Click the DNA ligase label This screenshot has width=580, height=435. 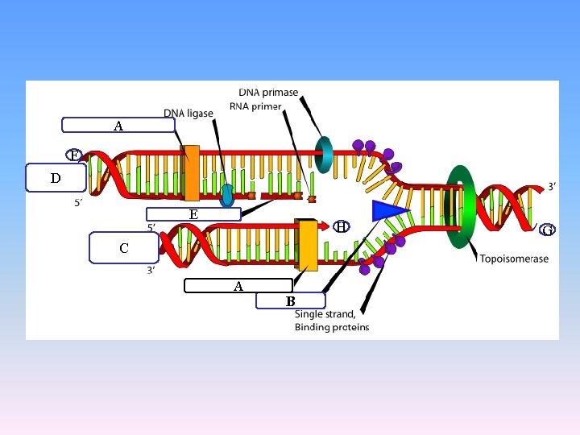click(188, 113)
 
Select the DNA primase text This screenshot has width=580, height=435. click(267, 93)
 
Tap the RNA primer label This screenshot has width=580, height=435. click(255, 106)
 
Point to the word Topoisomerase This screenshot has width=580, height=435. click(514, 259)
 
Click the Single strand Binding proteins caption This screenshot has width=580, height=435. click(332, 321)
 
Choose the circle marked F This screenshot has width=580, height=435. click(73, 155)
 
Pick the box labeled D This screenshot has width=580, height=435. click(56, 178)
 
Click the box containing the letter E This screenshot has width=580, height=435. click(193, 214)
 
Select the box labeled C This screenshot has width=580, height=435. click(124, 248)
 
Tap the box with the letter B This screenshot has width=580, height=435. click(291, 301)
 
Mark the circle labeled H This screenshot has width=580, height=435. click(342, 227)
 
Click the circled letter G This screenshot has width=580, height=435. click(547, 230)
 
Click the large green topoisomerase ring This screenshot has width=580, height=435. click(461, 205)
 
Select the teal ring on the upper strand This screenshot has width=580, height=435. click(324, 155)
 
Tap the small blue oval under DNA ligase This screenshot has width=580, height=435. click(228, 194)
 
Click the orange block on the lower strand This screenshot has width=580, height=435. click(307, 245)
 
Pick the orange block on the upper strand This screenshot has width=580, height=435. click(191, 172)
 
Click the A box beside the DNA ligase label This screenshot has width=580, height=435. click(118, 125)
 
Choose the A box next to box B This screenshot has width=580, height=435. click(238, 285)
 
